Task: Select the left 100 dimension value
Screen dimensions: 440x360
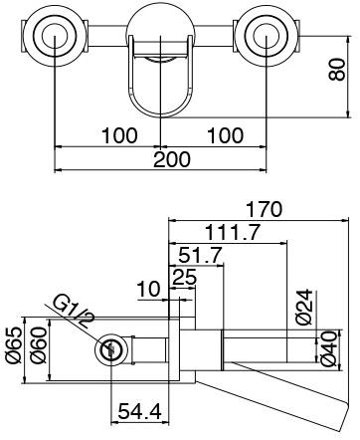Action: [x=116, y=134]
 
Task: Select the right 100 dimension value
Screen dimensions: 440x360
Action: [x=227, y=134]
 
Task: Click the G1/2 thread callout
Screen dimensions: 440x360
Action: [x=78, y=311]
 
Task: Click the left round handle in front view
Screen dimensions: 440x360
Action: [x=49, y=39]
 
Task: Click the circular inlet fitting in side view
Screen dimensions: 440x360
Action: [x=110, y=349]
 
